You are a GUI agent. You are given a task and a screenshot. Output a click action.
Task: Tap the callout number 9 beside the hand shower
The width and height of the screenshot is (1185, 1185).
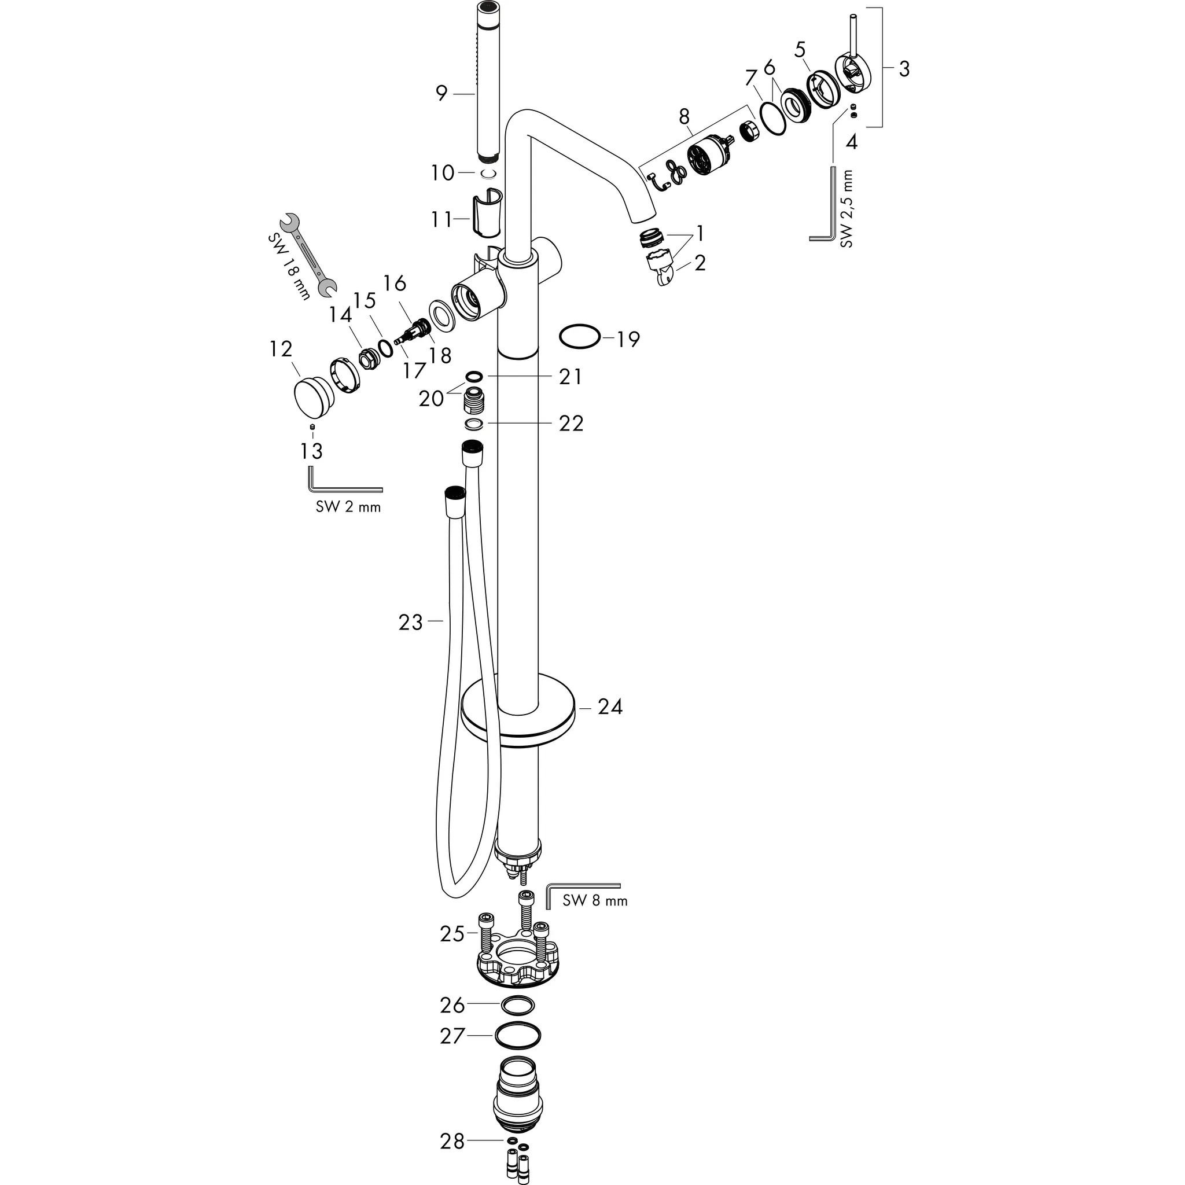point(441,94)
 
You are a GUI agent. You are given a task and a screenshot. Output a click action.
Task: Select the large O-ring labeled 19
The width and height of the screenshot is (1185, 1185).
point(579,337)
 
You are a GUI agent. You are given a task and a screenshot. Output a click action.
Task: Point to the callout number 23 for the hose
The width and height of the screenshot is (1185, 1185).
point(411,623)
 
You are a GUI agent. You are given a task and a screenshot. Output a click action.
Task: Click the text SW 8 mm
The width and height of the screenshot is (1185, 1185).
point(594,901)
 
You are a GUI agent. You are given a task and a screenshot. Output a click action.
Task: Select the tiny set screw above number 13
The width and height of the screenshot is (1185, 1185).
point(312,427)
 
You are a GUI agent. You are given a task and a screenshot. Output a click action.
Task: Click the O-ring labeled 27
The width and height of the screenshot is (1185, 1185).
point(518,1036)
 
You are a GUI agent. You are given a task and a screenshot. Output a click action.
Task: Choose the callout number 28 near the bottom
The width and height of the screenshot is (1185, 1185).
point(452,1142)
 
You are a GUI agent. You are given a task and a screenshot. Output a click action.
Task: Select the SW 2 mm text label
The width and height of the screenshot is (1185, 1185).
point(348,507)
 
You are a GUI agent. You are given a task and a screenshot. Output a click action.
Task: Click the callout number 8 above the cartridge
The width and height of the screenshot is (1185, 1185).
point(684,115)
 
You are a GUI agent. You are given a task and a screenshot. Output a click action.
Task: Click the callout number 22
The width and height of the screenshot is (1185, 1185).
point(571,424)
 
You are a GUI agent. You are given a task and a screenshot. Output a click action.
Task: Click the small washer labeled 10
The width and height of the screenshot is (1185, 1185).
point(488,174)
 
